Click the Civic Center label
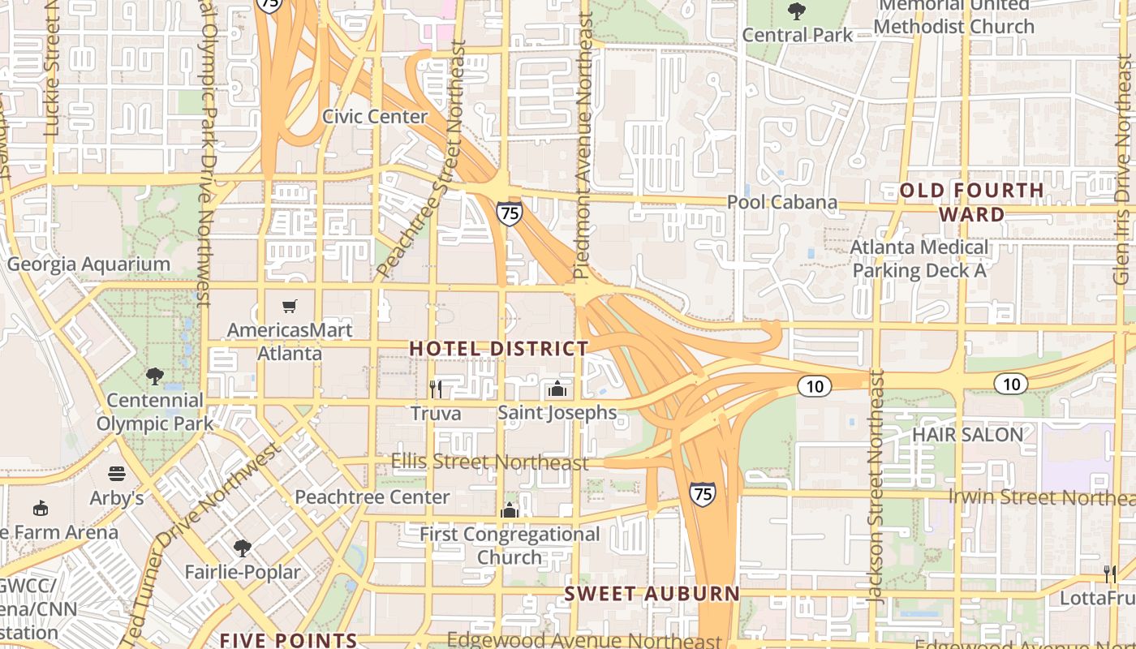[375, 117]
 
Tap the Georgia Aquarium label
[88, 264]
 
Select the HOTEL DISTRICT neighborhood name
[499, 349]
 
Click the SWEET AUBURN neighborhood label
[652, 594]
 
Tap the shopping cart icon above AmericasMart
[290, 306]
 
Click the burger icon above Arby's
[118, 473]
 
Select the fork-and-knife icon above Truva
[436, 389]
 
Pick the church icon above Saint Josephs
[557, 389]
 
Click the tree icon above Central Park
[797, 11]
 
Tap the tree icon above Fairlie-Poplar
[242, 548]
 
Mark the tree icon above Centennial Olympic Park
[154, 376]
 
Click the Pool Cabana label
[782, 202]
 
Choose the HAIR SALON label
[967, 435]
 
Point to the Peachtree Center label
[372, 496]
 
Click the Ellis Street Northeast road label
[489, 462]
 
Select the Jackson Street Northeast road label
[875, 487]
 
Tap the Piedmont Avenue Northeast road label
[583, 146]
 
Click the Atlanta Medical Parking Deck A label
[919, 259]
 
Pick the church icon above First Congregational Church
[510, 510]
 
